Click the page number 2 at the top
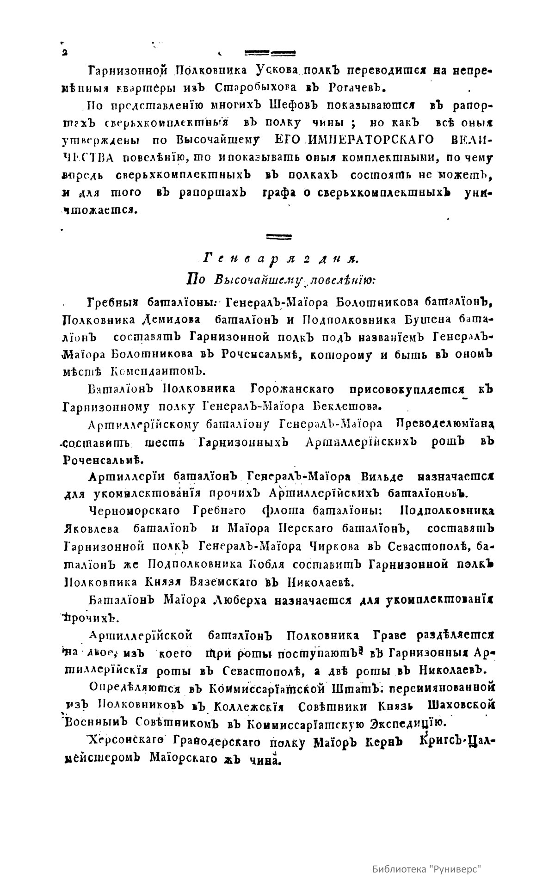(x=63, y=52)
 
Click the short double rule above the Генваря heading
(x=279, y=237)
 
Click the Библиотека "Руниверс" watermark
(x=427, y=869)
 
